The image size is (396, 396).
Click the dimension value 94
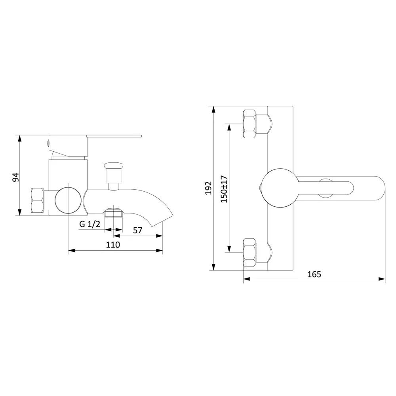pyautogui.click(x=16, y=177)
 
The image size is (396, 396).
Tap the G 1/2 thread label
pyautogui.click(x=89, y=224)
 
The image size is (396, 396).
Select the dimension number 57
pyautogui.click(x=138, y=230)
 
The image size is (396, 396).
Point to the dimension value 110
pyautogui.click(x=113, y=245)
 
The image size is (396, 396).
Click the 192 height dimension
pyautogui.click(x=208, y=188)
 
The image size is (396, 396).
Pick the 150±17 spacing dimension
pyautogui.click(x=224, y=189)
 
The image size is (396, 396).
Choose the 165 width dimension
pyautogui.click(x=314, y=274)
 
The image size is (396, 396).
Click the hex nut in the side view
pyautogui.click(x=37, y=200)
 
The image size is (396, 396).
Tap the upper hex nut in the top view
pyautogui.click(x=249, y=124)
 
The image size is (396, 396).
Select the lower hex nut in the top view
pyautogui.click(x=249, y=252)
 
